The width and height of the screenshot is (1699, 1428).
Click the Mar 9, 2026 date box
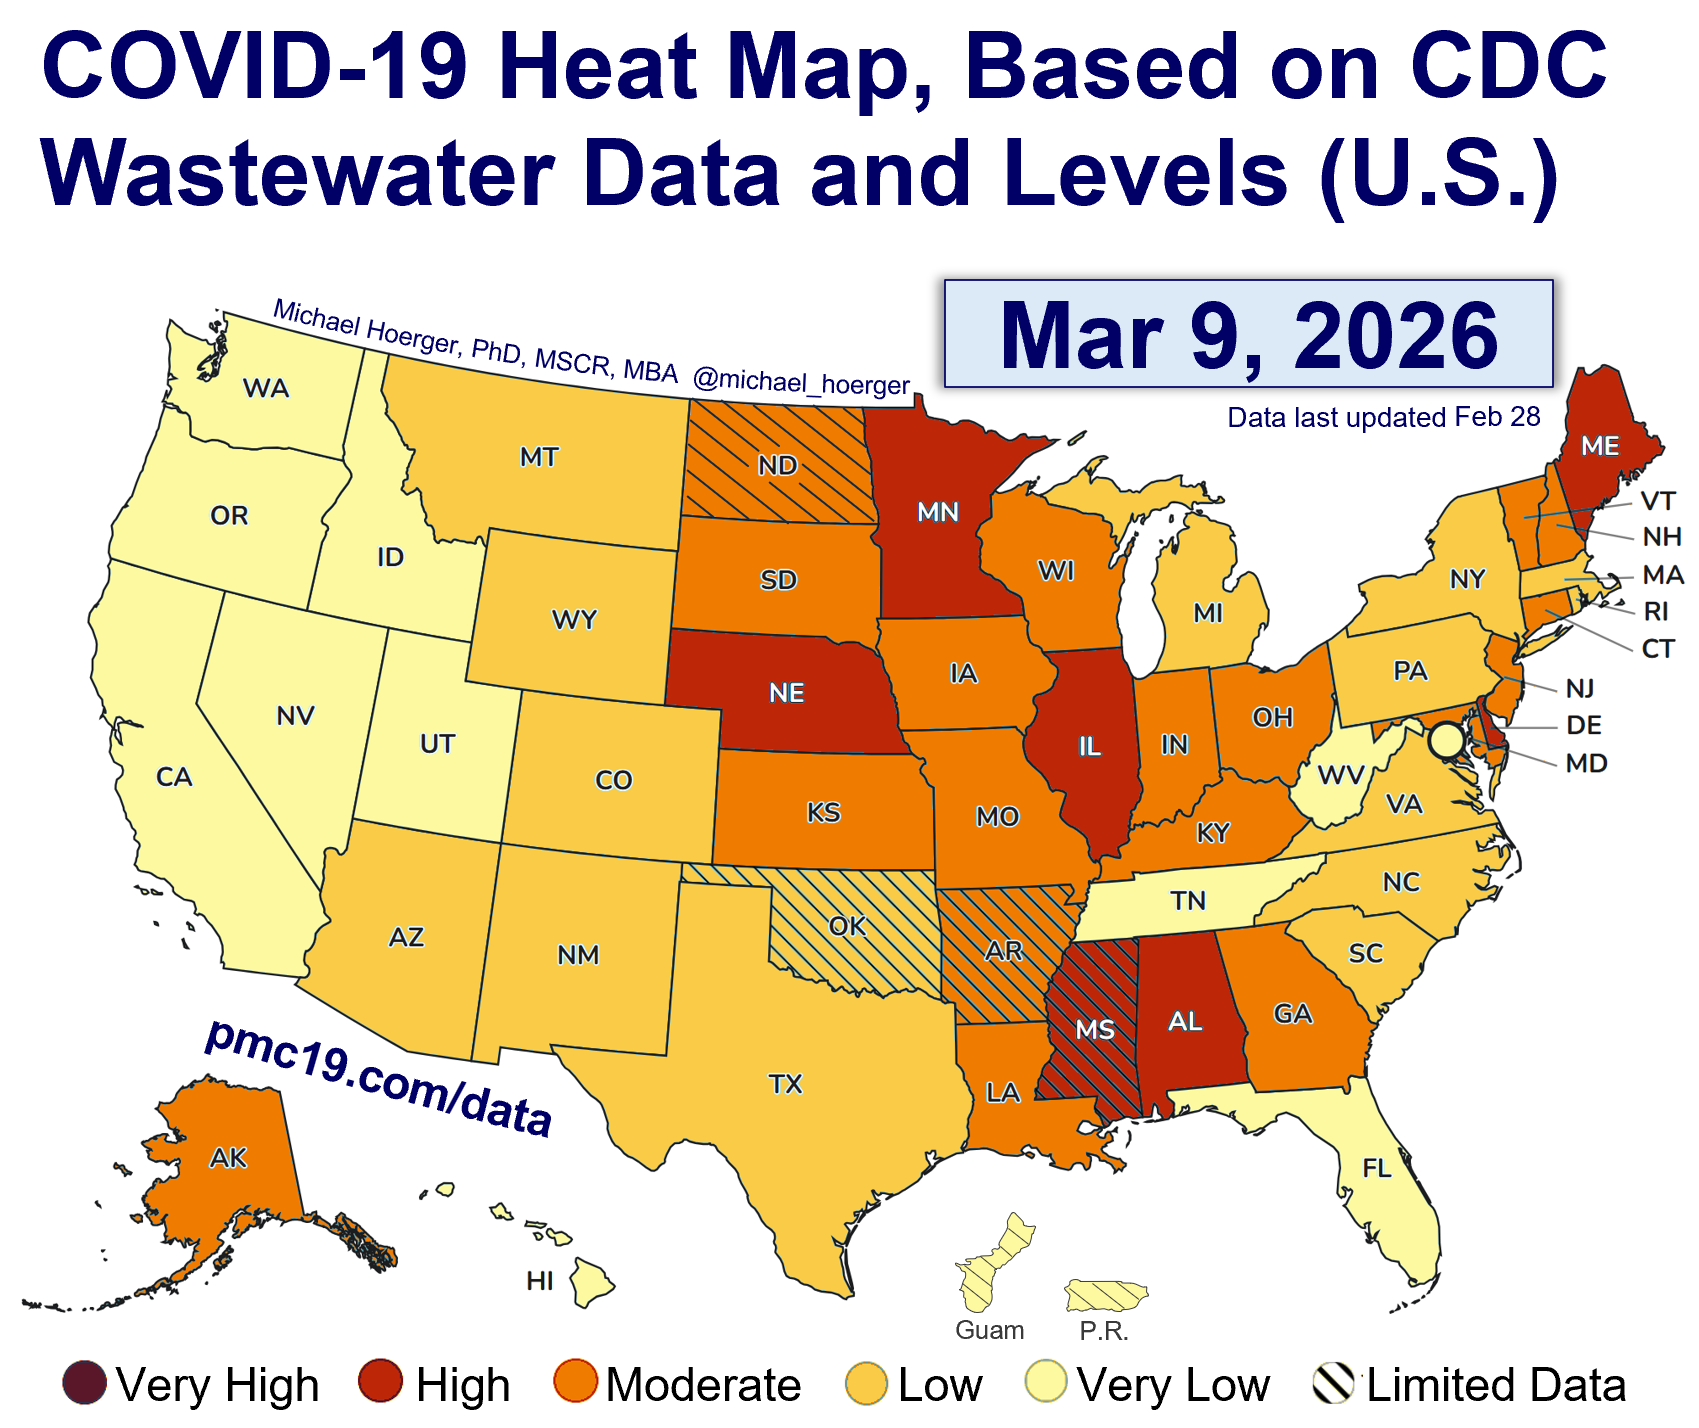pyautogui.click(x=1248, y=334)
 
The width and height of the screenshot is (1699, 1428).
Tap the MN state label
pyautogui.click(x=938, y=513)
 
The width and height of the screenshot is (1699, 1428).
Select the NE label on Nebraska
pyautogui.click(x=787, y=693)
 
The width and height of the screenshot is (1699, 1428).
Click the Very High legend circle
pyautogui.click(x=84, y=1384)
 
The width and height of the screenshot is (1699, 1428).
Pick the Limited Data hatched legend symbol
pyautogui.click(x=1333, y=1384)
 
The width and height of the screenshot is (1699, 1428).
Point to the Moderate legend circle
pyautogui.click(x=576, y=1384)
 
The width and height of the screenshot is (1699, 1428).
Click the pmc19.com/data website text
pyautogui.click(x=378, y=1079)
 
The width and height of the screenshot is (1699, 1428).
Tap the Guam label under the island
pyautogui.click(x=989, y=1331)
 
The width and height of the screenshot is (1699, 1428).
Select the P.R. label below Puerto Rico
pyautogui.click(x=1104, y=1332)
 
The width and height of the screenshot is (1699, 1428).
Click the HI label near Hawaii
pyautogui.click(x=540, y=1281)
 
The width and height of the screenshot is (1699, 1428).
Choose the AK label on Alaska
pyautogui.click(x=228, y=1158)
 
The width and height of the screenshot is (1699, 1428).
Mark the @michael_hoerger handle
pyautogui.click(x=801, y=382)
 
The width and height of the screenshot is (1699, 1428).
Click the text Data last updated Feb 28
pyautogui.click(x=1384, y=417)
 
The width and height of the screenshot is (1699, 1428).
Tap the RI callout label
pyautogui.click(x=1656, y=612)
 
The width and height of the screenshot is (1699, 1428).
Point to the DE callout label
pyautogui.click(x=1584, y=725)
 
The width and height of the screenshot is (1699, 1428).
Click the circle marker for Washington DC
pyautogui.click(x=1445, y=742)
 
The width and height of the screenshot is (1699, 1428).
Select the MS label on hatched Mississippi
pyautogui.click(x=1095, y=1029)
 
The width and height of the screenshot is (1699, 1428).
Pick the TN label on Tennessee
pyautogui.click(x=1188, y=901)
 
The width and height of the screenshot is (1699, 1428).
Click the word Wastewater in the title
pyautogui.click(x=298, y=172)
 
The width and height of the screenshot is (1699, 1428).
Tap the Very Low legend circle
pyautogui.click(x=1047, y=1384)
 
